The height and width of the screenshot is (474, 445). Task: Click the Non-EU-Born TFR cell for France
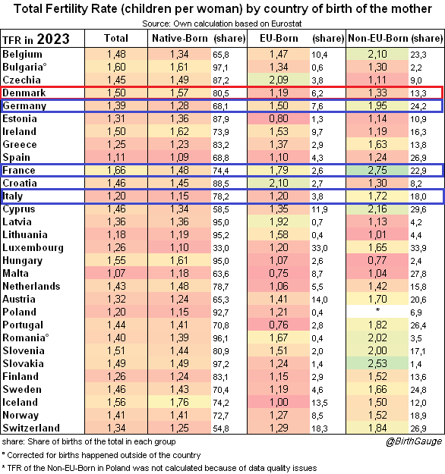click(x=377, y=170)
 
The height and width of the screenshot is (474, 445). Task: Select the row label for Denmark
click(x=24, y=93)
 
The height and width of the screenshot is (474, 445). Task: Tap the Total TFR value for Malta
click(x=116, y=273)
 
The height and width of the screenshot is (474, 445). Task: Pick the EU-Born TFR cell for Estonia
click(x=279, y=118)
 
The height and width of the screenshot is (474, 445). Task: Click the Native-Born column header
click(x=180, y=39)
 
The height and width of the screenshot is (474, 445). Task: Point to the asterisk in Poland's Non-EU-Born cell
click(x=377, y=310)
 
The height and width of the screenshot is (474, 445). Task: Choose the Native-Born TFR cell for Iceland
click(x=179, y=403)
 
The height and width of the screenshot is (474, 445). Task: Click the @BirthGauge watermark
click(x=414, y=441)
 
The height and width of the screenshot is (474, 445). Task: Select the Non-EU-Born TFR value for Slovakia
click(x=377, y=364)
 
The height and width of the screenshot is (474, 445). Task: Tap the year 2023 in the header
click(x=53, y=39)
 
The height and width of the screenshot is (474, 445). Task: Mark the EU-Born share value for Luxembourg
click(x=320, y=248)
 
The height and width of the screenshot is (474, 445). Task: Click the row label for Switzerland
click(x=31, y=428)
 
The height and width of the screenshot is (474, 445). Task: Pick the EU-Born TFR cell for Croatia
click(x=279, y=184)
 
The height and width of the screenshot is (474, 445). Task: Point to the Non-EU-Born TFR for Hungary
click(x=377, y=260)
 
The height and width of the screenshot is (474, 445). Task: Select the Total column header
click(x=116, y=39)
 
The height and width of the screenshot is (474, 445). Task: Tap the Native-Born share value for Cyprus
click(x=221, y=209)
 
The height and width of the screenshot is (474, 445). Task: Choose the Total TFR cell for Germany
click(x=116, y=106)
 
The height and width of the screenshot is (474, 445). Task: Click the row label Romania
click(x=25, y=337)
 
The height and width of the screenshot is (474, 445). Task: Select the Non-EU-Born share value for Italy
click(x=418, y=196)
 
